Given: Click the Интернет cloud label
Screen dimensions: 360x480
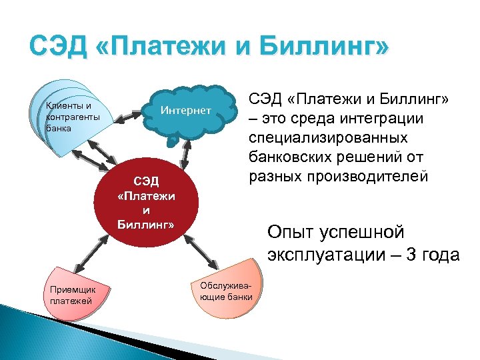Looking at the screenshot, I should [186, 110].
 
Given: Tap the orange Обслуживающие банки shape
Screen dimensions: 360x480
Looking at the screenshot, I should [227, 293].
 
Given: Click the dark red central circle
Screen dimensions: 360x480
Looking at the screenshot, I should [145, 203].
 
